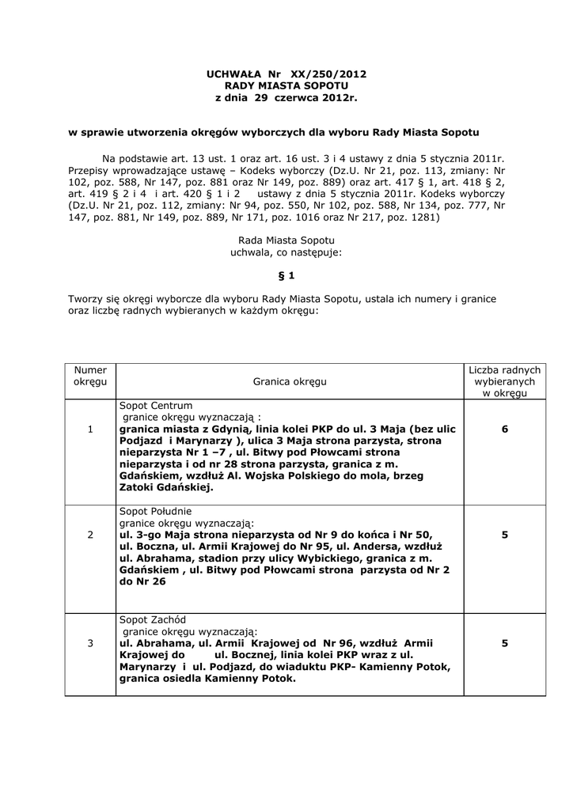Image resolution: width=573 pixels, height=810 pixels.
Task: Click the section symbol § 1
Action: tap(286, 275)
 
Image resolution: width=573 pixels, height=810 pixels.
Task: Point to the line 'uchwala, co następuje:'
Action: tap(286, 253)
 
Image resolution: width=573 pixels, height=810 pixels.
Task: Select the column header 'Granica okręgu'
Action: tap(290, 381)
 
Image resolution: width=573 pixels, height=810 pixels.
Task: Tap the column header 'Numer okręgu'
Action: tap(90, 376)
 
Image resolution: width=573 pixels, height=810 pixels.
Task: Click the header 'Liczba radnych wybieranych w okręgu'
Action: tap(504, 381)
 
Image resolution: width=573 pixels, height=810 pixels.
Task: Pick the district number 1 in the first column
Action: tap(90, 429)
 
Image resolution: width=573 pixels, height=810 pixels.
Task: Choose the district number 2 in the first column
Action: tap(90, 535)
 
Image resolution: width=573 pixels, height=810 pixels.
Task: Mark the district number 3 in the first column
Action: tap(90, 643)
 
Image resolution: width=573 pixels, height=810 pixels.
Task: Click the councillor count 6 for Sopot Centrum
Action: tap(504, 429)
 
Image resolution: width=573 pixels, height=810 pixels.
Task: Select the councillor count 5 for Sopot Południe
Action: tap(504, 535)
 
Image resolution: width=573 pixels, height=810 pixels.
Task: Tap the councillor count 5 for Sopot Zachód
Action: tap(504, 643)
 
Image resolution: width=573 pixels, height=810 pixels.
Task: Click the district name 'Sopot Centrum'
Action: tap(156, 405)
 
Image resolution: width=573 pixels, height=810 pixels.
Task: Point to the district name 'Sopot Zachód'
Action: tap(153, 619)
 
